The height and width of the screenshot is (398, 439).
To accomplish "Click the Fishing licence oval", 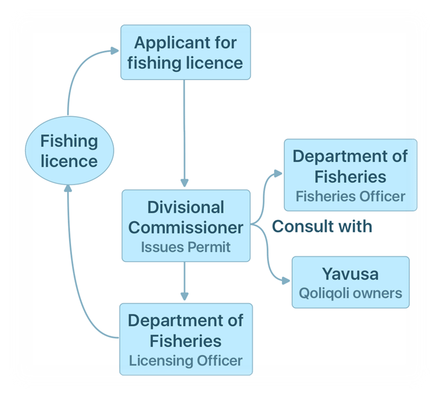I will coord(69,150).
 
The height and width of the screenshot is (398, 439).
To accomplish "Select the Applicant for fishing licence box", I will coord(185,52).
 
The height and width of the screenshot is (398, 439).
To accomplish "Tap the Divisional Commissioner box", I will coord(186,225).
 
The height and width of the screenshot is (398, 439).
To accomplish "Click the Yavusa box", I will coord(350,283).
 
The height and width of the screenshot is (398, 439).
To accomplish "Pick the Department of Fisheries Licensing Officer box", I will coord(186,339).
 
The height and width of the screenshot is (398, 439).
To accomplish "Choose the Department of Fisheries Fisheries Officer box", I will coord(350,175).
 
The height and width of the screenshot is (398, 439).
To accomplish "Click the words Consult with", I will coord(322,226).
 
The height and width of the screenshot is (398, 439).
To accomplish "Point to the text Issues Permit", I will coord(186,247).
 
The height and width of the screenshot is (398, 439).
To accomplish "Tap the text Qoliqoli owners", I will coord(350,294).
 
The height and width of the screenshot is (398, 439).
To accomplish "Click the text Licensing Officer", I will coord(186,360).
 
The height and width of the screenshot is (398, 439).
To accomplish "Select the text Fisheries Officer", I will coord(350,196).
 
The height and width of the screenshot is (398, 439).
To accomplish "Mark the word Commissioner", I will coord(186,227).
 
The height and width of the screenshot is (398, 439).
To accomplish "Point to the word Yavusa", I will coord(350,273).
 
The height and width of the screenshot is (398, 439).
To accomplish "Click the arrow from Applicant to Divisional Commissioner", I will coord(185,130).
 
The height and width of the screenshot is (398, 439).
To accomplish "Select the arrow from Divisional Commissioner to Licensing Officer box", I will coord(185,280).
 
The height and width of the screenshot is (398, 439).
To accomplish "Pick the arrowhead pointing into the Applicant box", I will coord(114,50).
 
